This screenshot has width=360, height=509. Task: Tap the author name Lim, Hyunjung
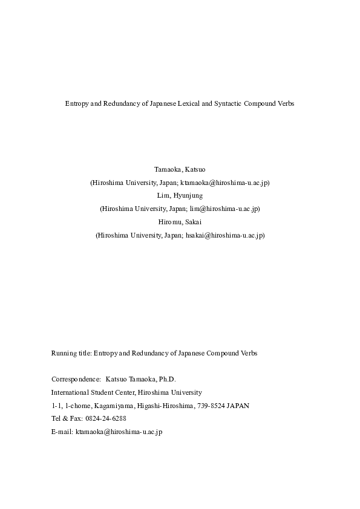[180, 196]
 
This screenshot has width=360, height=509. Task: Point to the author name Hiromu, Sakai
[180, 222]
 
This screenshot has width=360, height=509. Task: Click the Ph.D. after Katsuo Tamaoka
[166, 379]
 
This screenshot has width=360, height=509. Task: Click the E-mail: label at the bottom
[62, 432]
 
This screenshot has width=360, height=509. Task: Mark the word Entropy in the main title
[76, 104]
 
